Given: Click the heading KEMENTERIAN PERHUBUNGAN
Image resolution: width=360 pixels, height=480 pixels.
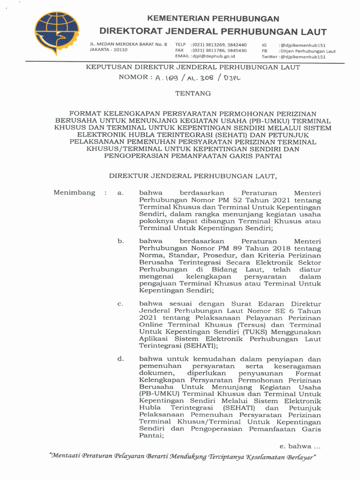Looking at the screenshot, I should click(213, 19).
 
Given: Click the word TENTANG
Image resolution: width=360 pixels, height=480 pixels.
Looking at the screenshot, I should click(193, 93).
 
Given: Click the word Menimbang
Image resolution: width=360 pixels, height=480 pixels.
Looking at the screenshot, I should click(74, 193).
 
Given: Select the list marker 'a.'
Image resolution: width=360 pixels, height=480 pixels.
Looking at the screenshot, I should click(120, 193).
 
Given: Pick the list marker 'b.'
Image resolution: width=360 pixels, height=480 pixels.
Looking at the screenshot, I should click(120, 241).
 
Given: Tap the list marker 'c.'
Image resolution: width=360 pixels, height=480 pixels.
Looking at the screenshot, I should click(120, 304).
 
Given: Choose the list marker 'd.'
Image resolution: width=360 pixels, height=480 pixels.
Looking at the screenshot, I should click(120, 359).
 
